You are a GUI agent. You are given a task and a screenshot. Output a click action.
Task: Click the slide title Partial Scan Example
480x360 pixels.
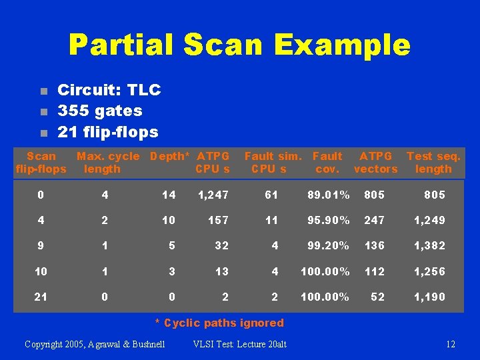tap(239, 45)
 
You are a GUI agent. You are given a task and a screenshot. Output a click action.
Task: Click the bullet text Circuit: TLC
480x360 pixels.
tap(109, 90)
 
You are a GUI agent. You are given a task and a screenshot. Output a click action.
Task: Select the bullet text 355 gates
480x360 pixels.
tap(100, 111)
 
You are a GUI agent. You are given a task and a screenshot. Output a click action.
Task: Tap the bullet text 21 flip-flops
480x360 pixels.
tap(108, 132)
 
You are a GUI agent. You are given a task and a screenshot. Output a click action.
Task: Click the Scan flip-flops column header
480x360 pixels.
tap(41, 163)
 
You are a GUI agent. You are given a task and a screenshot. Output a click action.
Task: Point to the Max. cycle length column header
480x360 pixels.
tap(107, 163)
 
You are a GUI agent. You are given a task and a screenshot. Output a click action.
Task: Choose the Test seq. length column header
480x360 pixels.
tap(433, 163)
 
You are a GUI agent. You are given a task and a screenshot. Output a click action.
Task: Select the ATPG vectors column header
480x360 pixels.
tap(376, 163)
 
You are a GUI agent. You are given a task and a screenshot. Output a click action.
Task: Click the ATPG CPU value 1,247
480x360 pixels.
tap(213, 195)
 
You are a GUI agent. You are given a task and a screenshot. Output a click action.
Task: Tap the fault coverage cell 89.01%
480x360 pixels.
tap(329, 195)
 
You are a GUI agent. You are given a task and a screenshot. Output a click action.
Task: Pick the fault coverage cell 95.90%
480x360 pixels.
tap(329, 220)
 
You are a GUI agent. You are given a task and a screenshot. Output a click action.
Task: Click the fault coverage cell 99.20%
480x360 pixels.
tap(329, 245)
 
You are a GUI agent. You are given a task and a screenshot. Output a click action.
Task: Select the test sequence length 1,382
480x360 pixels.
tap(430, 245)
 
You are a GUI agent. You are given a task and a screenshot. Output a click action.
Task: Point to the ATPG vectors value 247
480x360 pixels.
tap(374, 220)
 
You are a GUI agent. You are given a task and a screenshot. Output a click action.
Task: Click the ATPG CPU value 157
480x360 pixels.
tap(218, 220)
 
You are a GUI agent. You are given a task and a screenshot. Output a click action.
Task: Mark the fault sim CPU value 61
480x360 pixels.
tap(271, 195)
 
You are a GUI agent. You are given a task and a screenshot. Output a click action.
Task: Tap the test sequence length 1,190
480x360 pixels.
tap(430, 297)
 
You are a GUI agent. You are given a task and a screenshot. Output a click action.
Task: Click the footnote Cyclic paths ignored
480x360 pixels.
tap(219, 323)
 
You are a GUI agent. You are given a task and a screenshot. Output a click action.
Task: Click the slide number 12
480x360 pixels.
tap(451, 345)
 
